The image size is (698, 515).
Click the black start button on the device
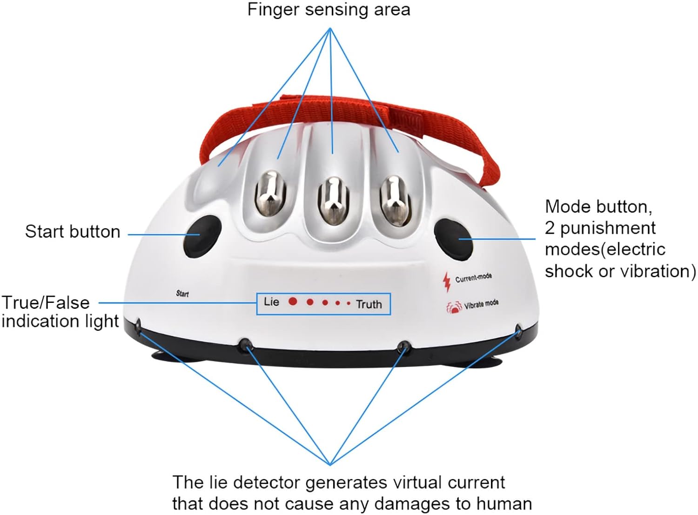tap(201, 236)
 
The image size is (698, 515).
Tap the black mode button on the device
tap(453, 239)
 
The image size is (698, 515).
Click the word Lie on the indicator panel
tap(271, 302)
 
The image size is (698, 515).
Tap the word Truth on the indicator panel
tap(369, 304)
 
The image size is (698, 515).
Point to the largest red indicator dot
tap(293, 301)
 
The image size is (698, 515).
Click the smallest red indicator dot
tap(349, 303)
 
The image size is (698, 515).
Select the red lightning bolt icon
tap(447, 281)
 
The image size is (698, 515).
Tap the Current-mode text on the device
tap(473, 278)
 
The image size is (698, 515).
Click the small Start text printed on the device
tap(182, 294)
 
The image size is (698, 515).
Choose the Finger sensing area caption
tap(329, 10)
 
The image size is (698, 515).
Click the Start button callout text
tap(73, 232)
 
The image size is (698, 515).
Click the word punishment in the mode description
tap(608, 228)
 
